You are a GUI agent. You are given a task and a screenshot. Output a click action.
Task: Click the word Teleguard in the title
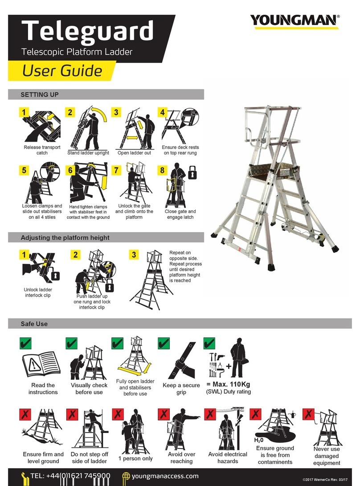pos(87,31)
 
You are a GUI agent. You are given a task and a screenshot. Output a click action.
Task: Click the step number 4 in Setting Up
pos(163,112)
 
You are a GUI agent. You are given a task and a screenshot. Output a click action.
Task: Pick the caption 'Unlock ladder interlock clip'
pos(38,292)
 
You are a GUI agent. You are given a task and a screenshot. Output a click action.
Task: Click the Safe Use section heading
pos(34,324)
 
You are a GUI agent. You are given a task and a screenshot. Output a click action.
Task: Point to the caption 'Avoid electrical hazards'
pos(228,457)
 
